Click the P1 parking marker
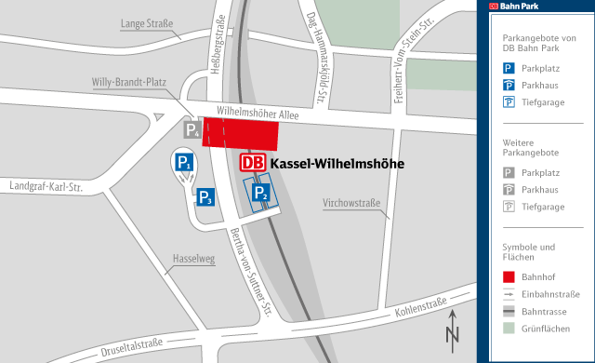click(184, 164)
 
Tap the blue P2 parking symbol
click(262, 195)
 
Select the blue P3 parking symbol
click(205, 196)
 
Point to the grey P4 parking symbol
click(192, 130)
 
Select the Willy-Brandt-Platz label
click(128, 82)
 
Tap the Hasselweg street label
click(193, 259)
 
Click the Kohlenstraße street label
click(421, 307)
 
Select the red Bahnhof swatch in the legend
click(509, 276)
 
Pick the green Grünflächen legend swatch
click(509, 329)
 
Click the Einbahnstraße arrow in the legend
click(509, 293)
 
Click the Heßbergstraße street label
click(220, 42)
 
